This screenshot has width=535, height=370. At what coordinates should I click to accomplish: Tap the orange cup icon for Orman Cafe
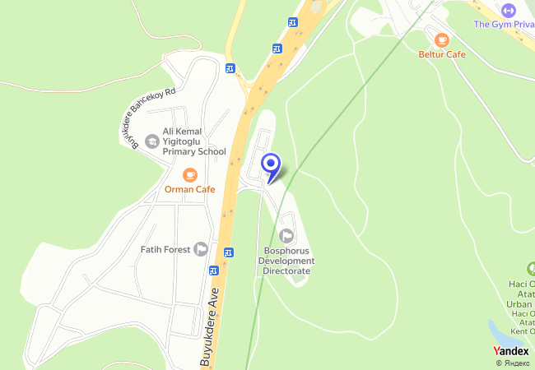189,174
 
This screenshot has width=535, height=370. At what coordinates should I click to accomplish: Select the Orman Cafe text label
189,189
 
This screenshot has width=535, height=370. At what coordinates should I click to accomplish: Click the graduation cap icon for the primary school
151,141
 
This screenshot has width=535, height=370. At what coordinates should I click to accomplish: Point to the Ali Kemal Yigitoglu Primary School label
194,141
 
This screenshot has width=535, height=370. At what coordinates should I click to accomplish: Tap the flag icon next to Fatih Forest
200,249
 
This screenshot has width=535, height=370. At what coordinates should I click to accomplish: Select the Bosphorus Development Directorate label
286,261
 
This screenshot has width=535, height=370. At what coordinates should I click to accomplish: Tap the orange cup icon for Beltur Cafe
442,39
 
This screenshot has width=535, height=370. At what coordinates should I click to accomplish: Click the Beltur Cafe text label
442,54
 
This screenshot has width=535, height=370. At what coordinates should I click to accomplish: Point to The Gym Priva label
504,24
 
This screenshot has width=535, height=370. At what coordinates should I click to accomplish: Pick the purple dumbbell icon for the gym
508,10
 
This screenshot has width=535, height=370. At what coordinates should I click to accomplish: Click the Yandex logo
510,351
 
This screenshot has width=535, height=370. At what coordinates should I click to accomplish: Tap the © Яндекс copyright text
512,363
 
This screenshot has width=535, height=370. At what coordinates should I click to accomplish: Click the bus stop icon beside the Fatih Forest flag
228,252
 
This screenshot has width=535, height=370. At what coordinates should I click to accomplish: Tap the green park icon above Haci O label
529,269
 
